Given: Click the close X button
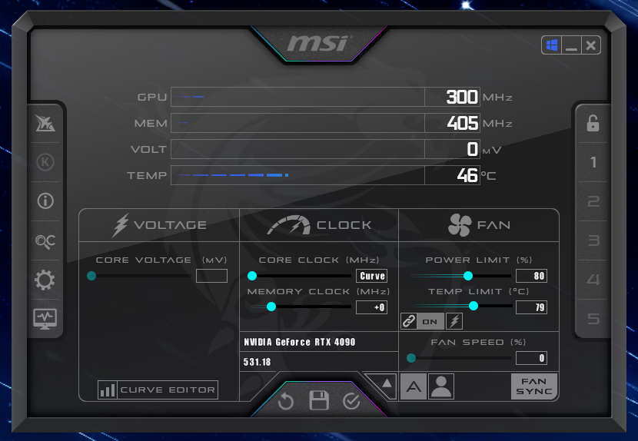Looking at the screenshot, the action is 591,45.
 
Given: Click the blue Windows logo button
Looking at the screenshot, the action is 552,45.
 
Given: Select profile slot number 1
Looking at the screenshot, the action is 593,162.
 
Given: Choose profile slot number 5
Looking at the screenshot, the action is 593,319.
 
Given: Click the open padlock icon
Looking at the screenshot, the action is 593,123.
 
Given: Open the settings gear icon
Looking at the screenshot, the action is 45,280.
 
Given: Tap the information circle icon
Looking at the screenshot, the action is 45,201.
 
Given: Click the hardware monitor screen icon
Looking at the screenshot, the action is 45,319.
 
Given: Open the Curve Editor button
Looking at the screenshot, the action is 158,390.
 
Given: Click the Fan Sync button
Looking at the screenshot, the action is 533,386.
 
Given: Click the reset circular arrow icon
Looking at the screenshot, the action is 286,401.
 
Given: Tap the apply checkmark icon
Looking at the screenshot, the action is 351,401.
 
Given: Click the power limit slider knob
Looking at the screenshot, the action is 468,276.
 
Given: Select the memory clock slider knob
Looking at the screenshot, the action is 271,307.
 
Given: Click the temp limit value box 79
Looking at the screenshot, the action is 531,307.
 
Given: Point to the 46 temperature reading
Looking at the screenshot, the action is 467,175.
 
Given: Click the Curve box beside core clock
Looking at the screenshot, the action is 371,276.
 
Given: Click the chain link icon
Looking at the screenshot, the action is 408,321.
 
